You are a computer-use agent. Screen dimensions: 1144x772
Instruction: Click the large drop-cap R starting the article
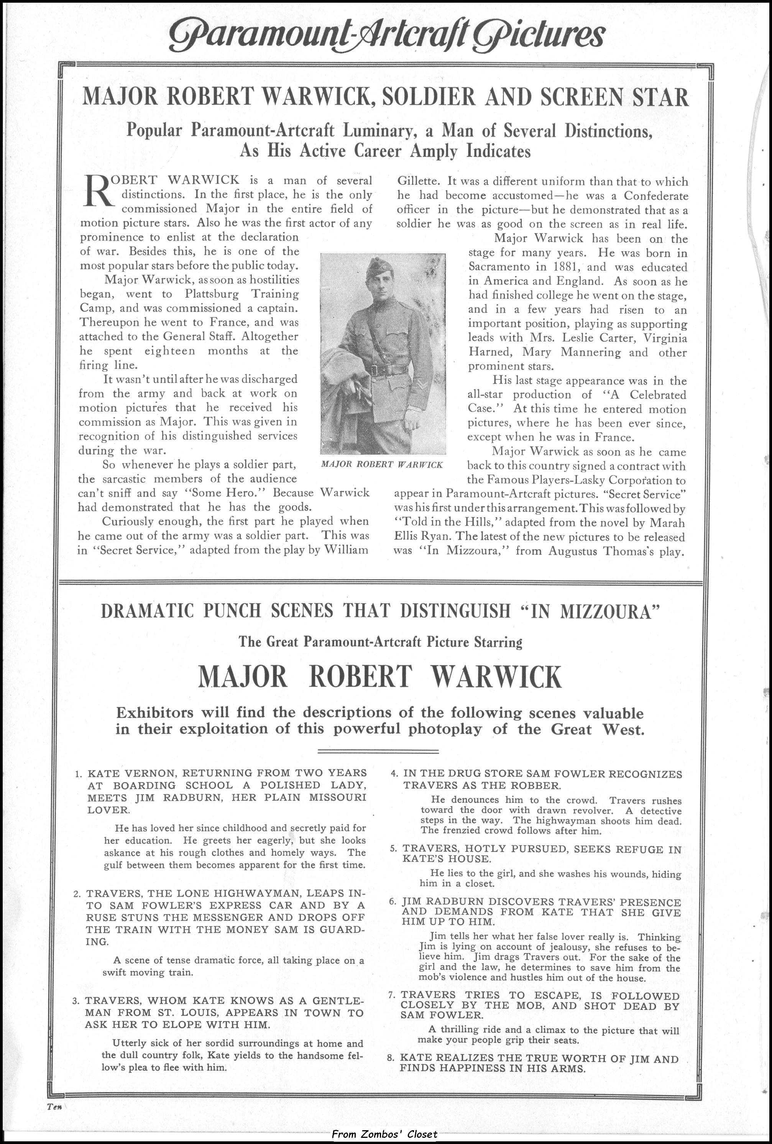click(x=99, y=190)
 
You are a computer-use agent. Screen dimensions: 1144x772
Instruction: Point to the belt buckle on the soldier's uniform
click(x=375, y=370)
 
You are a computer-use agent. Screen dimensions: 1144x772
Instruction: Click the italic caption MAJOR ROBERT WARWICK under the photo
click(x=382, y=464)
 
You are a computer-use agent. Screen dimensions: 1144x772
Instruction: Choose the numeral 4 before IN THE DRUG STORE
click(x=394, y=773)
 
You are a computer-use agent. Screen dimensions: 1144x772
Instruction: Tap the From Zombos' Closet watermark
click(x=384, y=1134)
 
